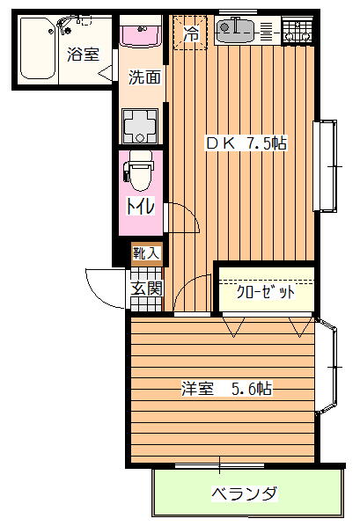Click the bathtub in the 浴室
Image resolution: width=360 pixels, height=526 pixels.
[38, 48]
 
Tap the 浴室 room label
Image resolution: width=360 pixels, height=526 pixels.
[83, 55]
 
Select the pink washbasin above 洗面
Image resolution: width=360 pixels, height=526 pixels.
[142, 36]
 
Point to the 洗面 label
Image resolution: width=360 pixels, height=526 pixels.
[144, 77]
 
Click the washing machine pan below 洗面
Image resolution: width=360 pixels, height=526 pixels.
[140, 126]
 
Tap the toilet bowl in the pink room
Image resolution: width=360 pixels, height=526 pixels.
[140, 171]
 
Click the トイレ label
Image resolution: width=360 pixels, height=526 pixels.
[140, 206]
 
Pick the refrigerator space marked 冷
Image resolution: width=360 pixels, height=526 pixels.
[190, 33]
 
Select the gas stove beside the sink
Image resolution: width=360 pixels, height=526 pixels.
[298, 31]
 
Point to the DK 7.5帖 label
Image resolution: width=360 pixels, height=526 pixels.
[246, 143]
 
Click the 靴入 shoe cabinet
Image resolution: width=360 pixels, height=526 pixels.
[147, 253]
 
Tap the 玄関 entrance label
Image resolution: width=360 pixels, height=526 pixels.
[146, 289]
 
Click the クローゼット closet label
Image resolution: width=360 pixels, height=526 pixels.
[265, 292]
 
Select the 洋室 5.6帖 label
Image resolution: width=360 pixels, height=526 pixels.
[227, 389]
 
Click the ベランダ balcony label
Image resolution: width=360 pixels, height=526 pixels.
[245, 493]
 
